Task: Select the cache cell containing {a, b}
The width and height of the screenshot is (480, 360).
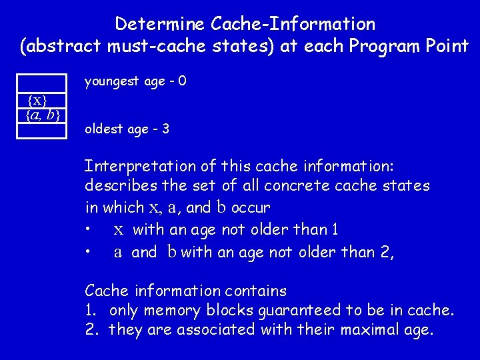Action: (43, 115)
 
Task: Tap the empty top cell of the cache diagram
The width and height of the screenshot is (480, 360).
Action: (43, 83)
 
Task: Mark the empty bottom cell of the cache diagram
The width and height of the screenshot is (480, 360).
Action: (43, 131)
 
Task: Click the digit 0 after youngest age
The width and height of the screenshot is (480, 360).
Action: (182, 82)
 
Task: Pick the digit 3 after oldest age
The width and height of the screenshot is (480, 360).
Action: (165, 129)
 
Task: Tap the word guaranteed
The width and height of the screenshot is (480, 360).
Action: (305, 311)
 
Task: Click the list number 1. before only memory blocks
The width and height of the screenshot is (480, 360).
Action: (91, 311)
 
